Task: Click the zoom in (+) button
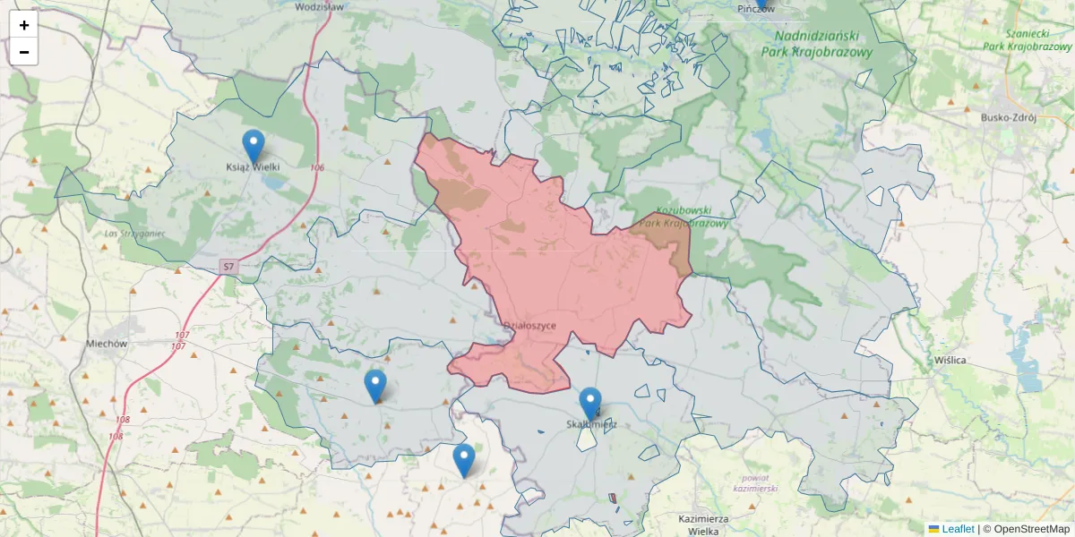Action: (x=24, y=25)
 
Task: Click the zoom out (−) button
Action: (x=24, y=52)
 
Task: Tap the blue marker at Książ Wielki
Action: (x=254, y=146)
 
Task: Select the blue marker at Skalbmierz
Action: (x=590, y=404)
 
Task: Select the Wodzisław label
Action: (x=319, y=6)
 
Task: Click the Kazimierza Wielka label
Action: (x=704, y=524)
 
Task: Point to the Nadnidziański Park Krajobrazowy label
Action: (x=816, y=44)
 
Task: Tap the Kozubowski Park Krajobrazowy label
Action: (x=685, y=217)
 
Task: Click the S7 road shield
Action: (x=228, y=267)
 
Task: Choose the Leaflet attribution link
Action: (x=958, y=529)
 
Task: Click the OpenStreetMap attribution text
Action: (x=1031, y=529)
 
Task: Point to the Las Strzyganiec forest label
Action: (x=135, y=234)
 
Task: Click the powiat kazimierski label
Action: (x=755, y=483)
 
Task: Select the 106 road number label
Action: (x=317, y=167)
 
